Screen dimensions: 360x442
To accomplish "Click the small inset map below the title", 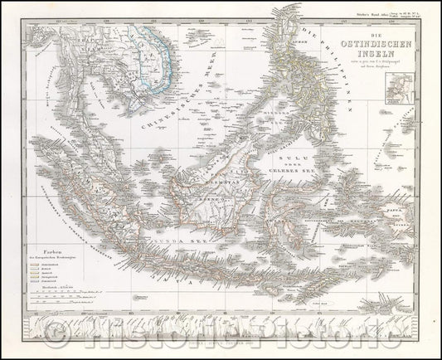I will tap(411, 85).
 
